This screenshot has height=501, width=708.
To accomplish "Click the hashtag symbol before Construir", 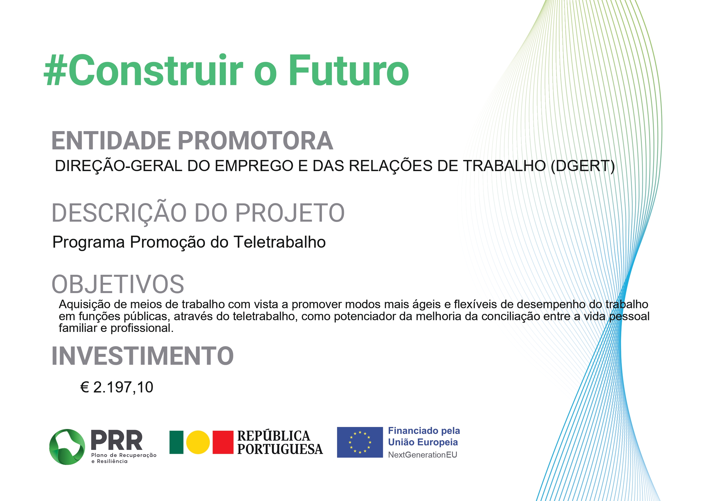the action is pyautogui.click(x=56, y=70).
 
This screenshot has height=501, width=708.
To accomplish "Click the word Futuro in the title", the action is pyautogui.click(x=348, y=70).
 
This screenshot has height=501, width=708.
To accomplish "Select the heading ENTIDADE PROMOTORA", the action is pyautogui.click(x=192, y=141).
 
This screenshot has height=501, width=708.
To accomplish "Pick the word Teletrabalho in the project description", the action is pyautogui.click(x=280, y=242).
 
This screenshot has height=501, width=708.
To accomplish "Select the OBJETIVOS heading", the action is pyautogui.click(x=118, y=284).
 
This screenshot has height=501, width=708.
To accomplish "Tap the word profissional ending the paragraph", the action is pyautogui.click(x=142, y=328).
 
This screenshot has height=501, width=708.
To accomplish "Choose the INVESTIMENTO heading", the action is pyautogui.click(x=142, y=356).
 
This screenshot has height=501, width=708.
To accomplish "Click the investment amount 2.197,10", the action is pyautogui.click(x=123, y=387).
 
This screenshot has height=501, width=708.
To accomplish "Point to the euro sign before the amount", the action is pyautogui.click(x=85, y=387).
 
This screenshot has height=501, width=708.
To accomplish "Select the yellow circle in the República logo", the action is pyautogui.click(x=198, y=442).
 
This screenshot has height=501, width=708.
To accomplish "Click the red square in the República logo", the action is pyautogui.click(x=223, y=442).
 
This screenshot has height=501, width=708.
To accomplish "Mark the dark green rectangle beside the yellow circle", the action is pyautogui.click(x=176, y=442).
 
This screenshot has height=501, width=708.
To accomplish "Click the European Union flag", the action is pyautogui.click(x=360, y=442).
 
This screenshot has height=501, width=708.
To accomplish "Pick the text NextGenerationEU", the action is pyautogui.click(x=422, y=455).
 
